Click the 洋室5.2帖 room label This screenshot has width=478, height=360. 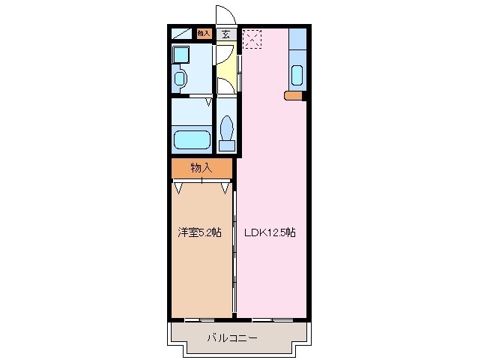tap(199, 232)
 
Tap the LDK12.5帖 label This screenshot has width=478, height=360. tap(269, 232)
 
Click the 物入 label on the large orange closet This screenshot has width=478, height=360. tap(201, 168)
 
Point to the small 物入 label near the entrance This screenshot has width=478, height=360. tap(204, 33)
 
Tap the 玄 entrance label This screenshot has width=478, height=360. tap(226, 34)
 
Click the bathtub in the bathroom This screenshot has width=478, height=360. tap(192, 140)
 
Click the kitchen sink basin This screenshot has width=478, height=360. tap(297, 76)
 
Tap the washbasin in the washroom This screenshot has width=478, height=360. tap(180, 77)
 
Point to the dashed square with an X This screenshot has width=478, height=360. tap(252, 38)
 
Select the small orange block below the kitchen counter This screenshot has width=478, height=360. tap(294, 95)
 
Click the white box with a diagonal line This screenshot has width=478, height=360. tap(181, 34)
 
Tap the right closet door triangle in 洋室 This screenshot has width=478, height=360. tap(225, 187)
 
